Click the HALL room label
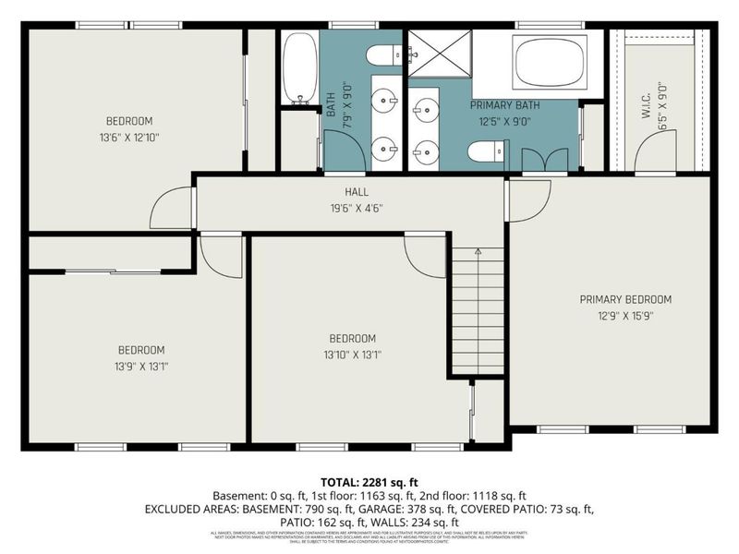(357, 191)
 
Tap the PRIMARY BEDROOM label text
(625, 299)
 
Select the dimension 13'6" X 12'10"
(128, 138)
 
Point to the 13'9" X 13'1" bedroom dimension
(140, 367)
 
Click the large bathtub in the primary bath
(550, 63)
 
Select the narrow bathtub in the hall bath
(299, 68)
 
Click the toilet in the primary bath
(486, 151)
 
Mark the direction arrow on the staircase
(477, 252)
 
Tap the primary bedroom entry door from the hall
(528, 199)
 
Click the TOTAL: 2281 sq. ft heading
(369, 482)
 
